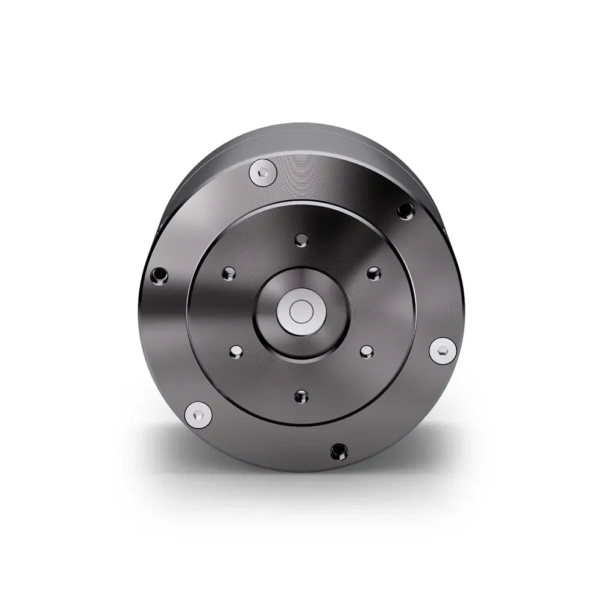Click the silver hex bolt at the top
point(263,173)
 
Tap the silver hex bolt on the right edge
point(443,350)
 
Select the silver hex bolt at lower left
point(198,415)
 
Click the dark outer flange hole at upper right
point(406,210)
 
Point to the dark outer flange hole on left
point(159,276)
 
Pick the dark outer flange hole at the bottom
point(339,451)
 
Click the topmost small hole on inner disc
point(301,240)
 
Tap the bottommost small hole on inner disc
point(301,396)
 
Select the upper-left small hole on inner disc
point(229,274)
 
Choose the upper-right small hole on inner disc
point(374,273)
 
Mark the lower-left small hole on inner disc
point(236,352)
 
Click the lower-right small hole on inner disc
point(367,352)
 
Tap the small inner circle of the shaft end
point(301,312)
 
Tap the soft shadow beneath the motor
point(301,482)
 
